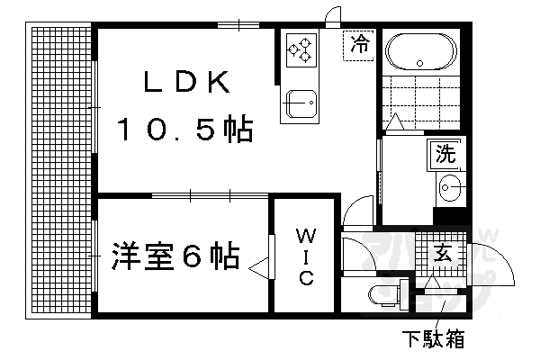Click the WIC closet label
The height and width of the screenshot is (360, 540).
305,256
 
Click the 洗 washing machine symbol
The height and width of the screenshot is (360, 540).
445,154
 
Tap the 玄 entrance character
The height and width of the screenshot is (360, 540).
445,254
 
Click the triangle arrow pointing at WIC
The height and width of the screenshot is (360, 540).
260,267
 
